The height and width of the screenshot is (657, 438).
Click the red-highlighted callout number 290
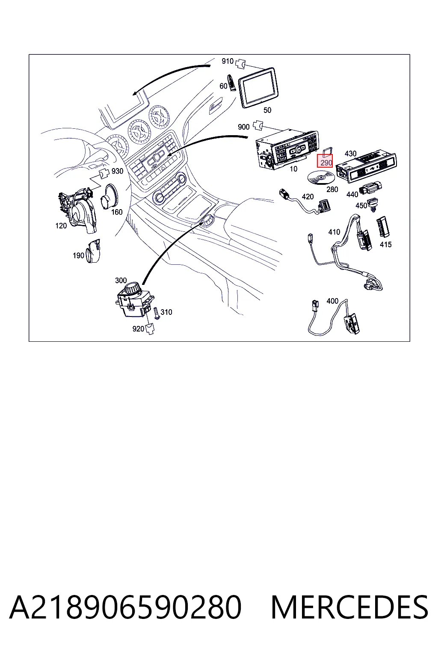pyautogui.click(x=326, y=162)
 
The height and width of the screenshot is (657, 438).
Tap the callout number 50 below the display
pyautogui.click(x=267, y=110)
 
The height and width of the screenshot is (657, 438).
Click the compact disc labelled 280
pyautogui.click(x=321, y=178)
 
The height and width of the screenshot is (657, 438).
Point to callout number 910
pyautogui.click(x=228, y=61)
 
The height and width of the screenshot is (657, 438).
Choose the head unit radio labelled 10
pyautogui.click(x=287, y=150)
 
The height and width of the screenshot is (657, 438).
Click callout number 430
pyautogui.click(x=350, y=154)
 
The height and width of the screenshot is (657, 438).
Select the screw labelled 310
pyautogui.click(x=157, y=313)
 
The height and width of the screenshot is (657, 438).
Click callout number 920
pyautogui.click(x=138, y=329)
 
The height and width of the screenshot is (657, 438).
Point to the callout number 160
pyautogui.click(x=117, y=212)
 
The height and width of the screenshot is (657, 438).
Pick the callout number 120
pyautogui.click(x=61, y=225)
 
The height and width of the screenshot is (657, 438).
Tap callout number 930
pyautogui.click(x=117, y=171)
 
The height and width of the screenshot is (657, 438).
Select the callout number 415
pyautogui.click(x=385, y=244)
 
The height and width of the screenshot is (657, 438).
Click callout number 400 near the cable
pyautogui.click(x=332, y=301)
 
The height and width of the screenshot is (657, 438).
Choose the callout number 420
pyautogui.click(x=308, y=196)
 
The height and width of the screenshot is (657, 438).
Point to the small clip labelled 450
pyautogui.click(x=373, y=205)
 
